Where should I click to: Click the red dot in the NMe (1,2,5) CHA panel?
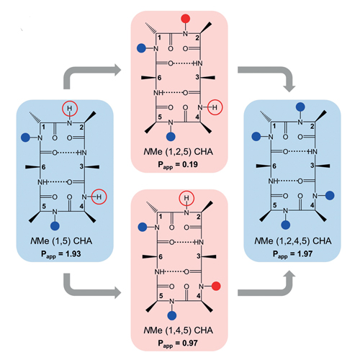pyautogui.click(x=185, y=19)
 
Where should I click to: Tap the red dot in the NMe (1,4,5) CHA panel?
pyautogui.click(x=216, y=286)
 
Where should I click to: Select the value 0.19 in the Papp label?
pyautogui.click(x=190, y=164)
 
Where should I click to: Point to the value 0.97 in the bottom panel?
pyautogui.click(x=190, y=343)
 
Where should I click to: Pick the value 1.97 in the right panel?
pyautogui.click(x=305, y=253)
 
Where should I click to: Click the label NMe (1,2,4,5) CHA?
pyautogui.click(x=293, y=240)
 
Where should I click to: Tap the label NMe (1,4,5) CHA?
pyautogui.click(x=178, y=330)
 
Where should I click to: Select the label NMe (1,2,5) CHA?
pyautogui.click(x=178, y=152)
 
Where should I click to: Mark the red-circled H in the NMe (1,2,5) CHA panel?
pyautogui.click(x=215, y=107)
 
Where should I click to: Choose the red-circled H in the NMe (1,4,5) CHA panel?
pyautogui.click(x=186, y=198)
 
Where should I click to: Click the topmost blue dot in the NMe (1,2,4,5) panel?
pyautogui.click(x=300, y=107)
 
